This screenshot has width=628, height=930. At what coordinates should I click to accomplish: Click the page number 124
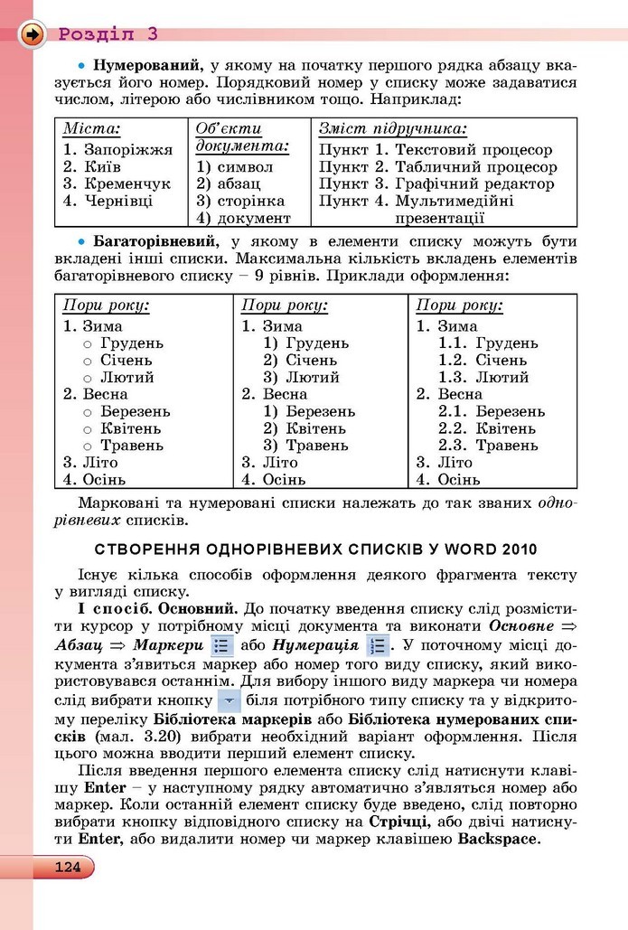coord(67,868)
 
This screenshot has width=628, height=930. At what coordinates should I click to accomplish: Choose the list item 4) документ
coord(243,218)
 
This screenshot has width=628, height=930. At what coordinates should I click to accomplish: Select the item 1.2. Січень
coord(488,361)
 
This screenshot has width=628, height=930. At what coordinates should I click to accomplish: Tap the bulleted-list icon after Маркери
coord(221,647)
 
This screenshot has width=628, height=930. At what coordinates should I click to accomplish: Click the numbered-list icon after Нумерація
coord(378,647)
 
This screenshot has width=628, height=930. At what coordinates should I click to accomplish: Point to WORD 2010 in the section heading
coord(495,548)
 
